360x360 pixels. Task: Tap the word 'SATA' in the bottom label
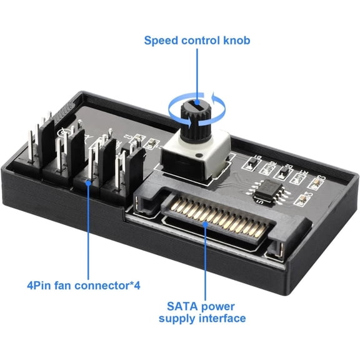click(180, 306)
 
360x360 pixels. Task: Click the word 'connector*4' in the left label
click(110, 286)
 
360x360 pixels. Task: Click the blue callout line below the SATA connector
click(207, 262)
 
